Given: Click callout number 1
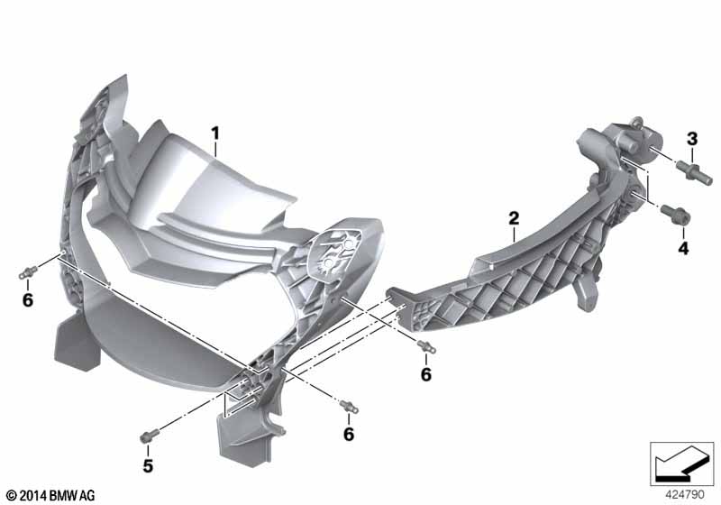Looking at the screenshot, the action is click(214, 133).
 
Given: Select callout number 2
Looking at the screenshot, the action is click(514, 218).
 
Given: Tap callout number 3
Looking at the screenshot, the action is click(692, 139).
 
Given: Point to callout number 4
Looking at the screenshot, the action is click(683, 248).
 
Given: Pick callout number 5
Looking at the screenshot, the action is click(148, 466).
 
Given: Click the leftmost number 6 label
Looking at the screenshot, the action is click(28, 300).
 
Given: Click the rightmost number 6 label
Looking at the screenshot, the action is click(425, 374).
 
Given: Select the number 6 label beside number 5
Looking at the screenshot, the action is click(349, 434).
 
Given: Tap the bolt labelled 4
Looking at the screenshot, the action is click(675, 215).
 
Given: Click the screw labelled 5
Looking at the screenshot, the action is click(149, 436).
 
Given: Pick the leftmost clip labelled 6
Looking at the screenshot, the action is click(28, 272).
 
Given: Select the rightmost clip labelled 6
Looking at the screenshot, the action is click(426, 346).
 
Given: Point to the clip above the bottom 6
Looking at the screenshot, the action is click(349, 407).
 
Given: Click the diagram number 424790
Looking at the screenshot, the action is click(685, 495).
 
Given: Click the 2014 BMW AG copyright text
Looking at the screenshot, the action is click(51, 496).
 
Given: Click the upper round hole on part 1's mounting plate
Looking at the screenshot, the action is click(349, 242).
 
